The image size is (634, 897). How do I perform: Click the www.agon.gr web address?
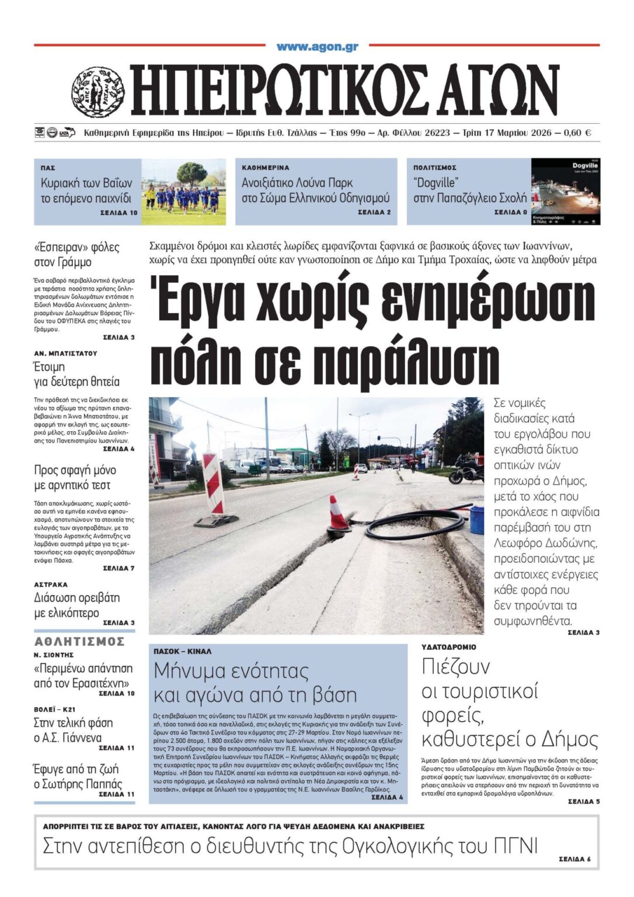(317, 47)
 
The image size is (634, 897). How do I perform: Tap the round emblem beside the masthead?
(97, 92)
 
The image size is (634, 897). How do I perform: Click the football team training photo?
(183, 192)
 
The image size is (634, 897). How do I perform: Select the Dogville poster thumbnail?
(565, 192)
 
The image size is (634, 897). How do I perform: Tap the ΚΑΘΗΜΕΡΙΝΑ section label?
(265, 168)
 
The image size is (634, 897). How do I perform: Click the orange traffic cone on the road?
(337, 514)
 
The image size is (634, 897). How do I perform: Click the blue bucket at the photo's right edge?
(477, 519)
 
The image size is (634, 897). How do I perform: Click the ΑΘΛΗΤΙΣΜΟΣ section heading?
(79, 642)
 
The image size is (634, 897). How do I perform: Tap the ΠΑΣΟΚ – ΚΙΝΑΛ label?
(182, 651)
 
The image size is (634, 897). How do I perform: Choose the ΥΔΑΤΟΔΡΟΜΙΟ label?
(448, 647)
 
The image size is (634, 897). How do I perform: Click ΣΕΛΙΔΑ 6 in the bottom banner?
(574, 859)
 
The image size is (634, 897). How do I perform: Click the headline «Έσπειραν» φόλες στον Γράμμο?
(76, 254)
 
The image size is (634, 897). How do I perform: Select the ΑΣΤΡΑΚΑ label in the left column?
(51, 585)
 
